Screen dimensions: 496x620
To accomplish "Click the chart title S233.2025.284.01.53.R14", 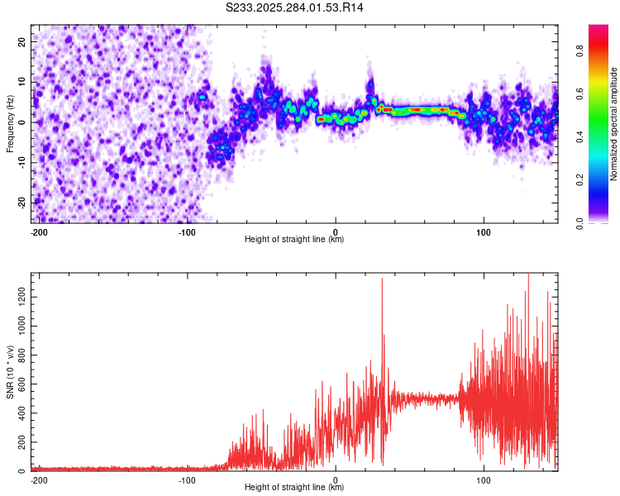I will [295, 7].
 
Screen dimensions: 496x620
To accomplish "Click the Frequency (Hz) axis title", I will [10, 124].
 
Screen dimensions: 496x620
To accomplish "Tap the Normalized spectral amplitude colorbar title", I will [613, 124].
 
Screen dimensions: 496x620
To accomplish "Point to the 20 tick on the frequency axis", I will [22, 41].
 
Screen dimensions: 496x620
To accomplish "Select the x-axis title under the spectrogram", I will [294, 240].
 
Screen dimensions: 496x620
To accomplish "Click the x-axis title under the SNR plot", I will [294, 488].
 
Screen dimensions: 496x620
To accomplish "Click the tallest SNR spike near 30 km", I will [382, 279].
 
